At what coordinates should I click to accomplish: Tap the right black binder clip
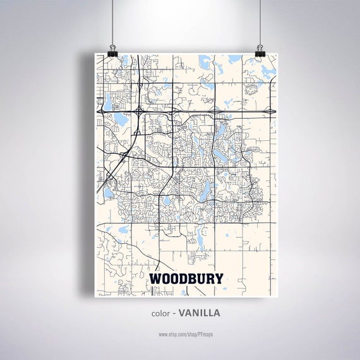(260, 49)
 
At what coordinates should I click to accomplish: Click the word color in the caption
(161, 312)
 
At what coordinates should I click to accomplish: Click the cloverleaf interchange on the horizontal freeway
(138, 111)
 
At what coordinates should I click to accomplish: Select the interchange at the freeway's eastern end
(270, 111)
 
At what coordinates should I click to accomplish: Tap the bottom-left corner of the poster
(95, 296)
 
